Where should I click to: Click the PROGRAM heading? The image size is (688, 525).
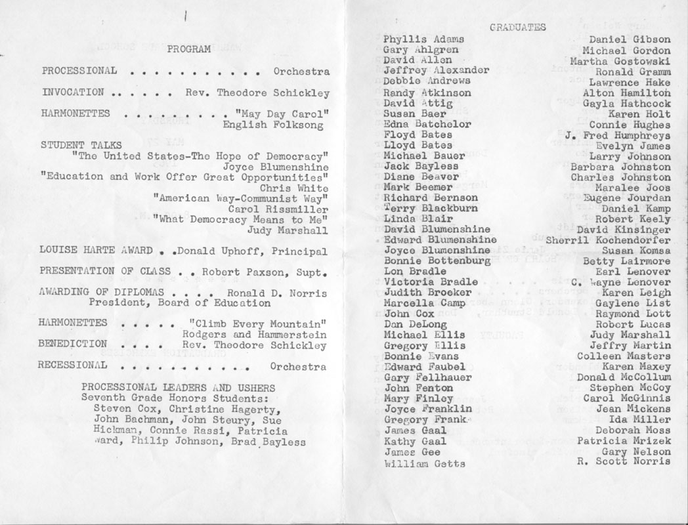point(188,49)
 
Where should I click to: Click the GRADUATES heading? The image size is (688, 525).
point(519,28)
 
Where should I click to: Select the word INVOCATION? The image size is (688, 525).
point(72,93)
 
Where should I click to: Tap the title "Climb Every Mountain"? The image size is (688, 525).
point(257,324)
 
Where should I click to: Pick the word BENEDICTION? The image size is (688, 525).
point(72,344)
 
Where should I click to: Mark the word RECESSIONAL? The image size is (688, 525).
point(72,366)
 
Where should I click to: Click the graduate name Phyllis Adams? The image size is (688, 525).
point(423,39)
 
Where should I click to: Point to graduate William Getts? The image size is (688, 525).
point(425,463)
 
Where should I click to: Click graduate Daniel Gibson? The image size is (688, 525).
point(630,40)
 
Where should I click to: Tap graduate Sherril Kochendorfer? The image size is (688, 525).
point(609,240)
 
